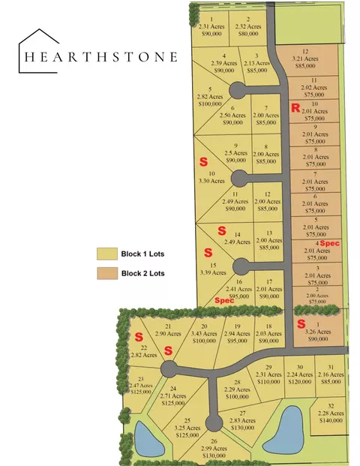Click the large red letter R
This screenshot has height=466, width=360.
click(295, 109)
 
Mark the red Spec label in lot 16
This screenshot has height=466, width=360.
click(224, 300)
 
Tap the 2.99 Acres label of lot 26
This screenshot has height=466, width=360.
click(214, 448)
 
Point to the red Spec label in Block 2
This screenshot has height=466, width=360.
click(330, 244)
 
